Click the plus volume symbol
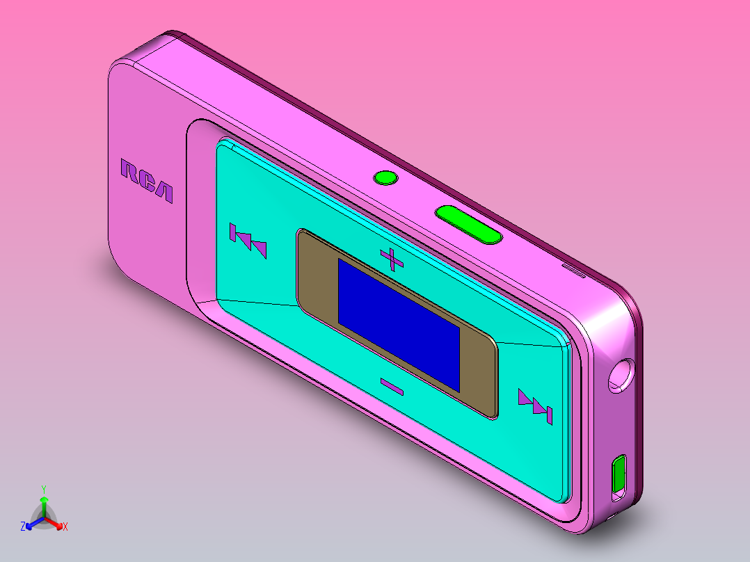(x=392, y=259)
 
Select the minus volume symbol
(x=392, y=387)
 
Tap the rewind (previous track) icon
(x=248, y=241)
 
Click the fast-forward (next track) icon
(x=536, y=406)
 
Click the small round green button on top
(x=385, y=178)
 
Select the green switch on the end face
(x=619, y=476)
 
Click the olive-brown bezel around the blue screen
(x=317, y=278)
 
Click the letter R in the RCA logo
(x=130, y=172)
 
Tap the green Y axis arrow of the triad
(x=44, y=505)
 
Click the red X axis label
(x=65, y=527)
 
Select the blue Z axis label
(x=23, y=527)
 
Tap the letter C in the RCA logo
(x=147, y=181)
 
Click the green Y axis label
(x=44, y=488)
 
